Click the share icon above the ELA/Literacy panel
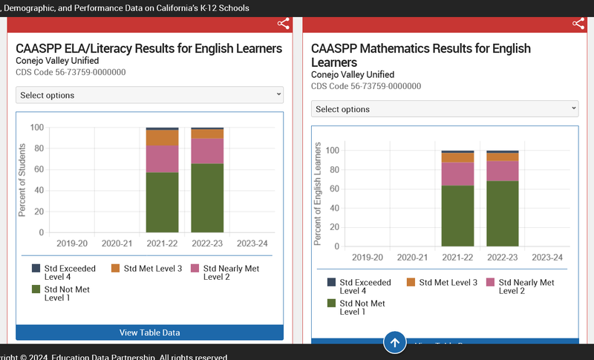click(x=284, y=23)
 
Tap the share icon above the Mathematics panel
click(x=578, y=23)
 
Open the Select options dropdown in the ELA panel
click(x=149, y=95)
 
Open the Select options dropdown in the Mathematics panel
click(x=445, y=109)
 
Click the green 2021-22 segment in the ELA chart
click(x=162, y=202)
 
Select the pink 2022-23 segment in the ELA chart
click(x=207, y=151)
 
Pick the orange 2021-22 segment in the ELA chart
click(x=162, y=137)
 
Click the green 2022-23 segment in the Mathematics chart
click(x=503, y=213)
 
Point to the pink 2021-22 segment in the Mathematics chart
click(x=457, y=174)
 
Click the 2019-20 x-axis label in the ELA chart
click(x=72, y=243)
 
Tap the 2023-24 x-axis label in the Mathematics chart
click(x=547, y=257)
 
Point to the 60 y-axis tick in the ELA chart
click(x=37, y=169)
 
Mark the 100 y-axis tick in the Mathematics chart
click(x=332, y=150)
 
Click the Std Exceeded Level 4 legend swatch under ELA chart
click(x=36, y=268)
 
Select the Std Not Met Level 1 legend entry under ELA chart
click(x=66, y=294)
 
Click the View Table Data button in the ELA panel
click(x=149, y=333)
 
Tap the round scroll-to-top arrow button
click(x=395, y=343)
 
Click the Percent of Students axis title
click(x=22, y=180)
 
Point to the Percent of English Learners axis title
click(x=318, y=194)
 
